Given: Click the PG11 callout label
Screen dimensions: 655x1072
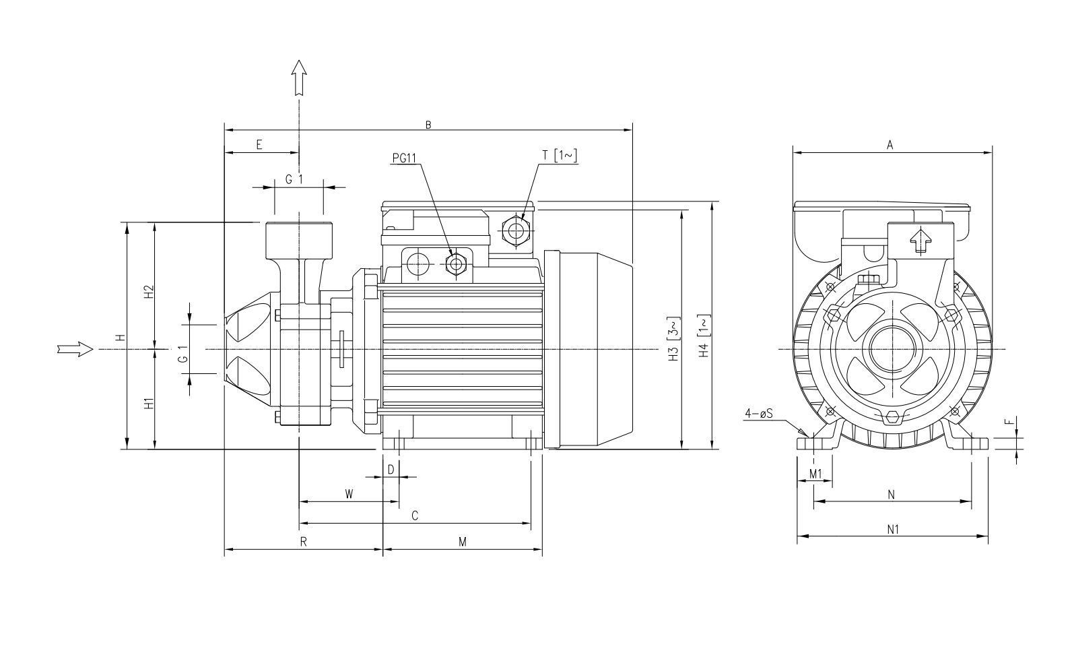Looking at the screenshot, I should [x=405, y=158].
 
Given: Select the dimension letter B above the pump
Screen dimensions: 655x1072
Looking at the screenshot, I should [x=428, y=124].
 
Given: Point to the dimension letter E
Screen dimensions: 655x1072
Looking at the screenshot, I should [x=259, y=145].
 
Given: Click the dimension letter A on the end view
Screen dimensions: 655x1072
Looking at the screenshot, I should [x=890, y=145].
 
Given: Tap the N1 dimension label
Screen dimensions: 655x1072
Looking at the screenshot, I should [x=893, y=530].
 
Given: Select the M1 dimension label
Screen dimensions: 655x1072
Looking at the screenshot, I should [x=815, y=474].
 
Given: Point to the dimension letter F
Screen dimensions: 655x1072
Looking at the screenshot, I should [x=1008, y=423].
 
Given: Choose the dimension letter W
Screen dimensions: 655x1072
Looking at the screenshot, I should [x=349, y=494].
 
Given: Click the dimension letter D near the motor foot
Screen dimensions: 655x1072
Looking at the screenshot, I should [x=391, y=469].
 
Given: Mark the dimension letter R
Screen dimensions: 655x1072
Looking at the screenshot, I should [x=304, y=542].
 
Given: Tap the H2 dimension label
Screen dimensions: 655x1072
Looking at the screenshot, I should [x=149, y=292].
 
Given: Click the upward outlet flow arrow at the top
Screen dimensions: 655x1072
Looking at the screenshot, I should [x=299, y=76].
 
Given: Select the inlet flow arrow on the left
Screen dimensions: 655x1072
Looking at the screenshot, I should [x=74, y=349].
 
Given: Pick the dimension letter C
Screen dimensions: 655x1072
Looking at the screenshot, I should [x=415, y=516].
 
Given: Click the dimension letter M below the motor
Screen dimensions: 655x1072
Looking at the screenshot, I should [x=463, y=542].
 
